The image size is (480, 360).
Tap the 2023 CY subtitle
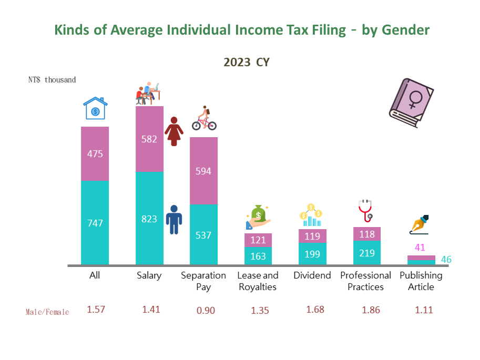247,62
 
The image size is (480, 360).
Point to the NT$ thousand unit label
52,80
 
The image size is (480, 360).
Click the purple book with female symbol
412,104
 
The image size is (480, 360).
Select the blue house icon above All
95,109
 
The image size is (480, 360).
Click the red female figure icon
174,131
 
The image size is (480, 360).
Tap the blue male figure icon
173,219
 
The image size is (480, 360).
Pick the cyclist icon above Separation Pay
204,119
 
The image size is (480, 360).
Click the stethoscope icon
365,211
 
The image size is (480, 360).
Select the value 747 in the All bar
95,223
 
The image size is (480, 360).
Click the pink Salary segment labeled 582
149,139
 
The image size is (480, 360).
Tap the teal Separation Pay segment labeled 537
203,235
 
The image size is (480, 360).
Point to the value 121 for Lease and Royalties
258,240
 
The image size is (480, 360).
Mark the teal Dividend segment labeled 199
312,255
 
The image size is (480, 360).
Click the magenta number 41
420,248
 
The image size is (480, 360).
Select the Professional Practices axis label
366,281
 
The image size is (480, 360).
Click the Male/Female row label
47,312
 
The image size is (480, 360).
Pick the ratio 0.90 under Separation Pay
205,310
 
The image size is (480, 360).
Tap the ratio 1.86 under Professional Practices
371,310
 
